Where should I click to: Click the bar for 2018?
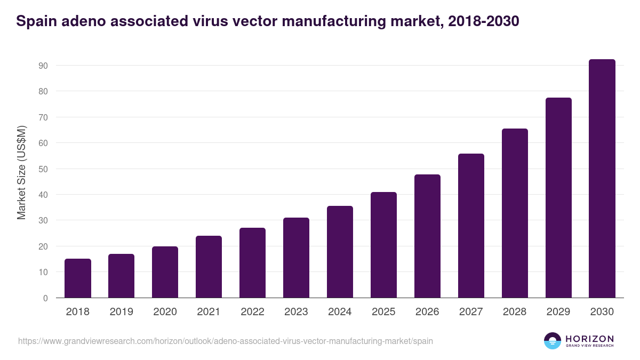78,278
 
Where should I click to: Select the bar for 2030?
602,179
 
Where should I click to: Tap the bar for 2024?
340,252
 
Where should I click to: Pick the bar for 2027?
471,226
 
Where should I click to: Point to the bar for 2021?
209,267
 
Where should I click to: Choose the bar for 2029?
558,198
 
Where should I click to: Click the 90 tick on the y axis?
43,66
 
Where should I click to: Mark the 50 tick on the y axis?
43,169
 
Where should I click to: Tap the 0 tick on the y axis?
45,298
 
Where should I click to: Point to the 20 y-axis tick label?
43,246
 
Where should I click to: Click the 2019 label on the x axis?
122,312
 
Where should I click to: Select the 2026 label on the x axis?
427,312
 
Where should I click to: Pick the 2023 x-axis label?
296,312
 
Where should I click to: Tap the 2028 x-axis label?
515,312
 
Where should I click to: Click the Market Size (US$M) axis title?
21,172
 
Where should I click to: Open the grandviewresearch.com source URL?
226,341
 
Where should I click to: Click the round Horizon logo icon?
553,341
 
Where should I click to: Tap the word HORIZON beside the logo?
589,339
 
